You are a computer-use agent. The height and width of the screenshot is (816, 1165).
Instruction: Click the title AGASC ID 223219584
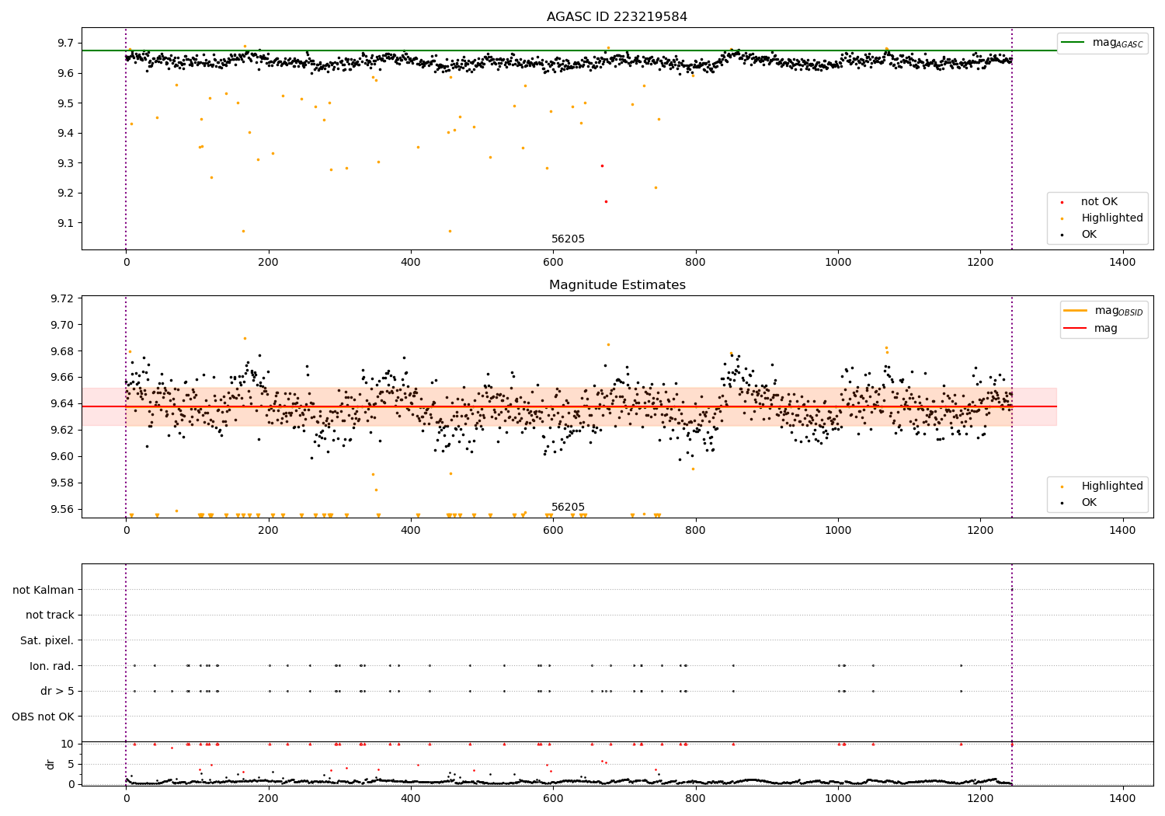617,16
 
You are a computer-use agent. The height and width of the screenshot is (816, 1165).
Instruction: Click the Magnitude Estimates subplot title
617,284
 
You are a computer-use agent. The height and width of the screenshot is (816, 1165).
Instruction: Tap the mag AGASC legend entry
1102,44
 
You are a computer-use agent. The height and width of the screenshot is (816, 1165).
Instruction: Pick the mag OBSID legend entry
1103,311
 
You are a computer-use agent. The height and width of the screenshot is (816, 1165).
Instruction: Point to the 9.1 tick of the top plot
66,223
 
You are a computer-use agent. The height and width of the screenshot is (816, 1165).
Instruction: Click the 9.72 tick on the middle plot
62,298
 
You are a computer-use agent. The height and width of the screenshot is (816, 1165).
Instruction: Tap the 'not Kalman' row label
43,590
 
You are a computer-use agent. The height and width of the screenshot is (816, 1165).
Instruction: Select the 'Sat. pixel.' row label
47,640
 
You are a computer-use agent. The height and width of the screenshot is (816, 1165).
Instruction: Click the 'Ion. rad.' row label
51,665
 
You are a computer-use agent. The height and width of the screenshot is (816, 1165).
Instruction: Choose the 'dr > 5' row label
57,691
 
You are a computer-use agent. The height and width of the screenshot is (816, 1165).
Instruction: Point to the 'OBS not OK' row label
43,717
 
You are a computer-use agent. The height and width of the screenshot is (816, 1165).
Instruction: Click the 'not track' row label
50,615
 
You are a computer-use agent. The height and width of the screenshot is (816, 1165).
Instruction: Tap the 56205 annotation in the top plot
568,239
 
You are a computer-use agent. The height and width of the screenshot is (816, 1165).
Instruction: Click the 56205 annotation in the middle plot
568,507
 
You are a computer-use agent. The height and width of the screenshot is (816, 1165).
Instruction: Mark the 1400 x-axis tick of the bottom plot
1122,798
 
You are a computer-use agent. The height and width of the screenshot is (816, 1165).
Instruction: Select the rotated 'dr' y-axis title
50,764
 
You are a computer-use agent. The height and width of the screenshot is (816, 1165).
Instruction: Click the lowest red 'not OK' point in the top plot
606,202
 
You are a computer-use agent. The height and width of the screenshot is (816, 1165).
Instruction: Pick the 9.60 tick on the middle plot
62,456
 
